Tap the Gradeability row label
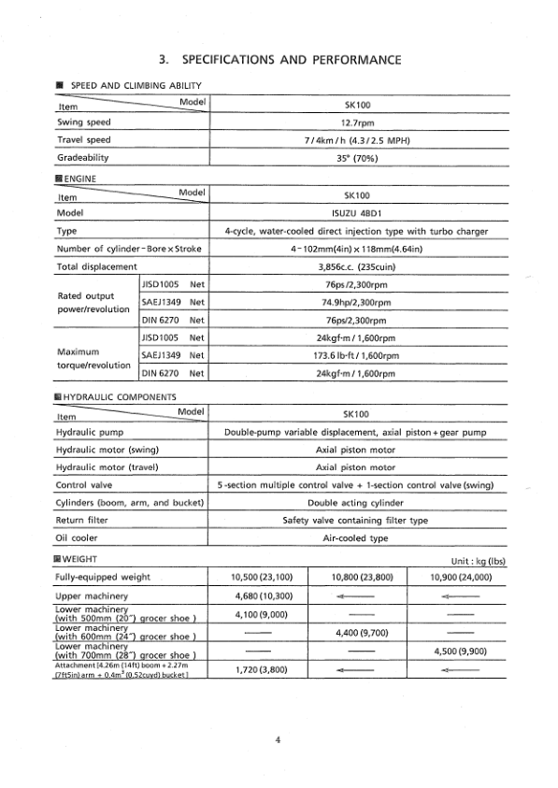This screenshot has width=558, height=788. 85,157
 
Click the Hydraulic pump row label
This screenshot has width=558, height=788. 93,433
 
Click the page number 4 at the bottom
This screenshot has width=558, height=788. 278,740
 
